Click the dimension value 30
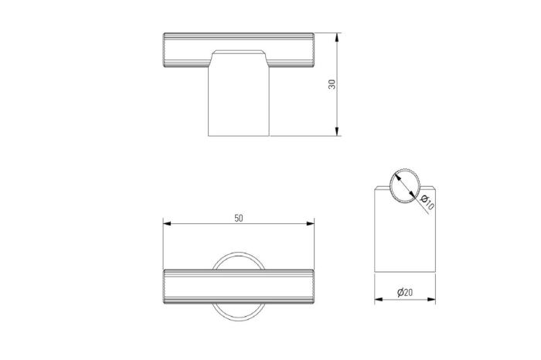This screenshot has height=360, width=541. (332, 85)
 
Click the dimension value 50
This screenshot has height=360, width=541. (239, 218)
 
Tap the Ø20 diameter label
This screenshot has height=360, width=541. (404, 292)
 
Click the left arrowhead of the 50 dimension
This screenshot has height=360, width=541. (167, 224)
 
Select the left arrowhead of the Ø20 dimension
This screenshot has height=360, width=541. (379, 299)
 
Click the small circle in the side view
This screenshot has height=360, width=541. (404, 186)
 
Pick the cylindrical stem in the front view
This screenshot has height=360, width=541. (239, 104)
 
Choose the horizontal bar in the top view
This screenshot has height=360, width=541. (239, 288)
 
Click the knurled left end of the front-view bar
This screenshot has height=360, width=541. (167, 52)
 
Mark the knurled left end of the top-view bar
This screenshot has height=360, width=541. (167, 288)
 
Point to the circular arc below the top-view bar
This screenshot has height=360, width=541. (239, 317)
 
